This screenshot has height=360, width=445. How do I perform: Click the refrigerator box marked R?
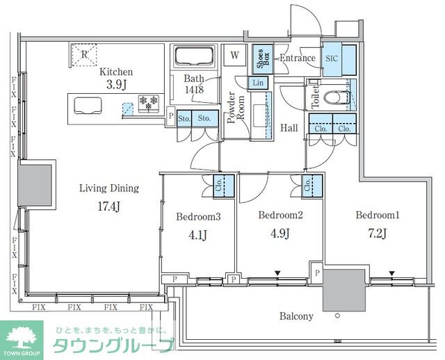[83, 55]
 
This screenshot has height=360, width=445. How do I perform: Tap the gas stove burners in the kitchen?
[149, 103]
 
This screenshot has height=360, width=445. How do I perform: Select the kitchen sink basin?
[88, 106]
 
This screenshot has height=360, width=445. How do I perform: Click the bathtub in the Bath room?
[194, 56]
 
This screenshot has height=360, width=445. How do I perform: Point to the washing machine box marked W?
[234, 55]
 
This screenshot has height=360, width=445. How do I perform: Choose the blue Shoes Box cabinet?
[263, 59]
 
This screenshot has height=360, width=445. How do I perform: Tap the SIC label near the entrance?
[332, 58]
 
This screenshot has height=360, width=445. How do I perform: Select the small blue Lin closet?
[258, 83]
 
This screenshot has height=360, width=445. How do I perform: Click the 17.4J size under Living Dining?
[109, 206]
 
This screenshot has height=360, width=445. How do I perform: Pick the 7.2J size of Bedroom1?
[378, 234]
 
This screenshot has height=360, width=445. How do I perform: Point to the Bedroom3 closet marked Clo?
[224, 186]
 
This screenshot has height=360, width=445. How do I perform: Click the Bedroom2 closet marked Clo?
[312, 186]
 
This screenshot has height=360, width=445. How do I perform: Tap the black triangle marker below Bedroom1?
[392, 274]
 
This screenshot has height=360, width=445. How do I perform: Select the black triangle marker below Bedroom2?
[277, 274]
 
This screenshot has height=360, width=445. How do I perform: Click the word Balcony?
[296, 316]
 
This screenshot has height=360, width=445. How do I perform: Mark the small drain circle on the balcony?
[337, 316]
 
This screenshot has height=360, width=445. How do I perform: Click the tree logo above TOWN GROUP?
[22, 337]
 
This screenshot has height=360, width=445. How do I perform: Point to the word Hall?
[289, 128]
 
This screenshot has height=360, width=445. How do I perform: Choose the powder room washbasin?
[260, 115]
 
